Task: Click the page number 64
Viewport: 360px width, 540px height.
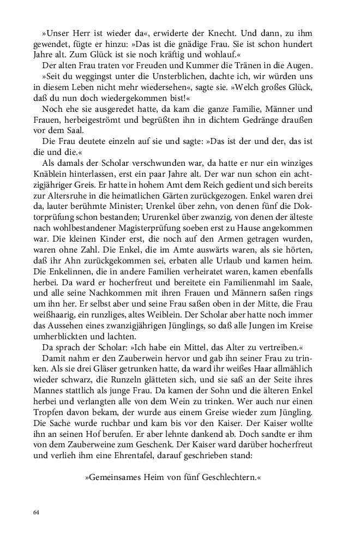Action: (x=37, y=513)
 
